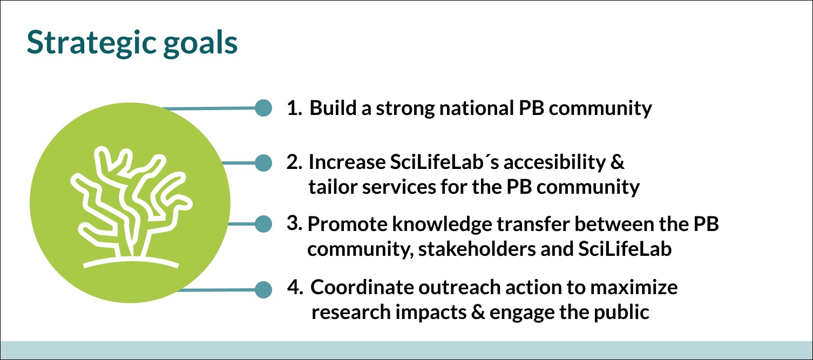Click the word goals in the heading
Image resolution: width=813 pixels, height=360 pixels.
200,44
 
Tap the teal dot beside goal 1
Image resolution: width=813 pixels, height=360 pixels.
263,108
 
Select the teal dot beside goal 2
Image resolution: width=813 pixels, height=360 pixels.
263,162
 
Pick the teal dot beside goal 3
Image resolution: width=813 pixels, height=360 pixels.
263,223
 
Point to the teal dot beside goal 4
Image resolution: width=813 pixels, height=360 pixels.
263,290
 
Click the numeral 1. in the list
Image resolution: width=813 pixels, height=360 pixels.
294,108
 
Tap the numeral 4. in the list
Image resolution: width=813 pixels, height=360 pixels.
295,287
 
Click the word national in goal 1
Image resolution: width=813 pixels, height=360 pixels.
477,108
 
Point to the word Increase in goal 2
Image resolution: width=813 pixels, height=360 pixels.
347,162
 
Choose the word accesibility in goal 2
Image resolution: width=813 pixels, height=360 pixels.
554,162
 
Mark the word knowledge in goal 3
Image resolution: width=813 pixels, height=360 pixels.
442,224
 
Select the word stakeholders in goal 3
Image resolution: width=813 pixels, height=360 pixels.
477,249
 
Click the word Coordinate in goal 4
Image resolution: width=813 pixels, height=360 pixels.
362,287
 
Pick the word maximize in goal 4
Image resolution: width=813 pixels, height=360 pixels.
634,287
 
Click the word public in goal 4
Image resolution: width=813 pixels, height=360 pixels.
621,312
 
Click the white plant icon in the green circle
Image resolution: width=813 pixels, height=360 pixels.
131,207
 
